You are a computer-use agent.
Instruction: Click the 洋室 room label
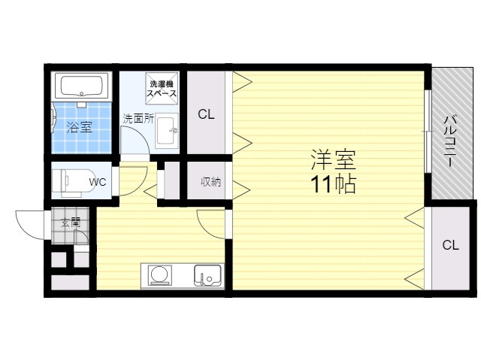[x=334, y=159]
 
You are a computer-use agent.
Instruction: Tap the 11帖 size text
[x=334, y=184]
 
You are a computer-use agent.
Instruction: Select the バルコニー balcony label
[x=451, y=141]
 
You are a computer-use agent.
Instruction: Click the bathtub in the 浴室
[x=81, y=85]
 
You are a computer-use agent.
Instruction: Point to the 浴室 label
[x=80, y=127]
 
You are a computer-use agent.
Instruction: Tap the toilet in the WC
[x=74, y=182]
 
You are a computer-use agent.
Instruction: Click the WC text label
[x=98, y=182]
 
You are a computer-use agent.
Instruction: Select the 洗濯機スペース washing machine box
[x=162, y=89]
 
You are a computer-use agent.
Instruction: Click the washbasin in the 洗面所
[x=167, y=130]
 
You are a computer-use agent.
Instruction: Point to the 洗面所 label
[x=138, y=119]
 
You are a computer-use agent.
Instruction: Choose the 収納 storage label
[x=210, y=182]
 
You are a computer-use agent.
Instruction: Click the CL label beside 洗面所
[x=206, y=114]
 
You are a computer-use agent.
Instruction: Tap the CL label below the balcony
[x=451, y=245]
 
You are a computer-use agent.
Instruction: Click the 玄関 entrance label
[x=71, y=223]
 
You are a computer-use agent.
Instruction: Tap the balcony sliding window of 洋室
[x=428, y=131]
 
